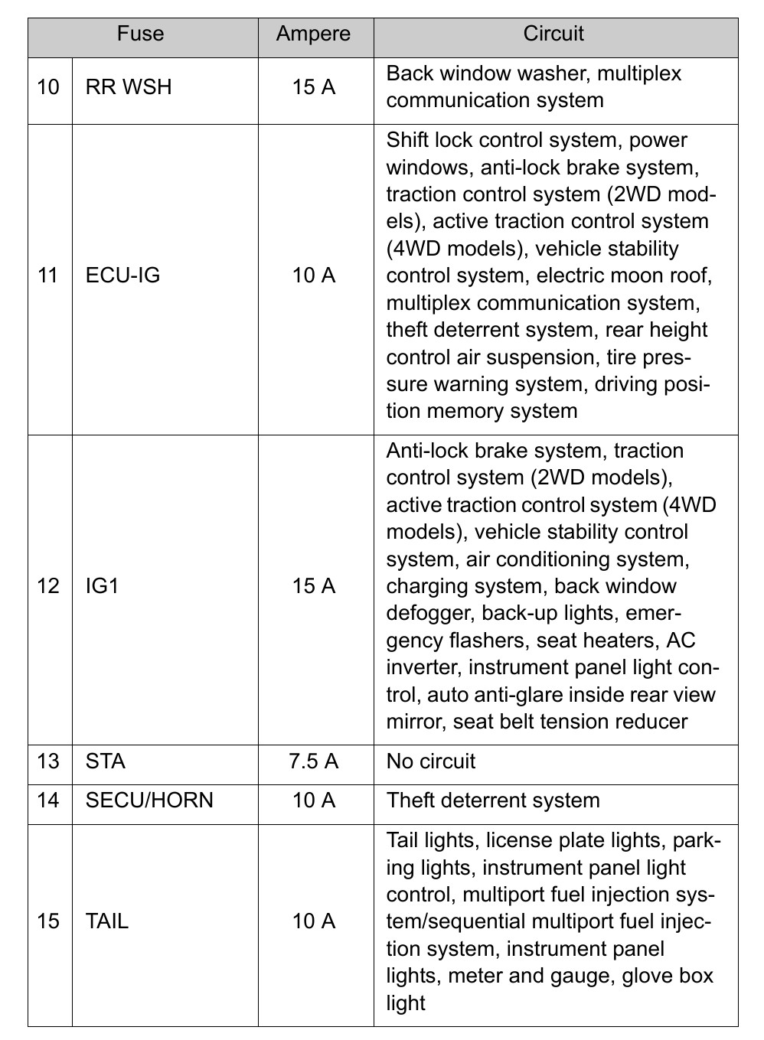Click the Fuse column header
point(140,34)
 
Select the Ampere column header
point(314,34)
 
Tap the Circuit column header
point(553,34)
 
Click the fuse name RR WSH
point(129,87)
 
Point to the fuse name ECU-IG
point(123,275)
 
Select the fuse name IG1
point(103,586)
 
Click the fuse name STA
point(106,761)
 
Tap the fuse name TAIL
point(107,921)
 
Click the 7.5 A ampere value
point(314,761)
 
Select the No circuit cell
point(431,761)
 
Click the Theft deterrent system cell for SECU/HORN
point(493,800)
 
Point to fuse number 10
point(48,87)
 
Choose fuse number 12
point(48,586)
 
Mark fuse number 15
point(48,921)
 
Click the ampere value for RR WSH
point(314,87)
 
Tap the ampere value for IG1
point(314,586)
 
